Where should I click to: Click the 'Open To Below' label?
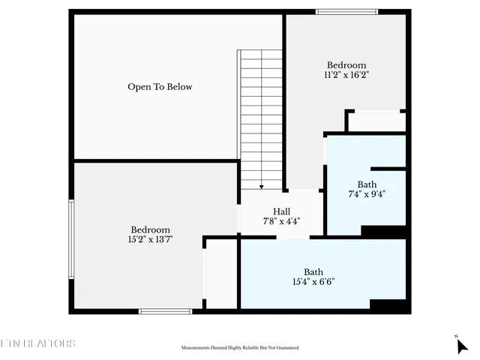point(160,87)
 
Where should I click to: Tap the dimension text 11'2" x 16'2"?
point(346,76)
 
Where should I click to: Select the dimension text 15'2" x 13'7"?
point(150,240)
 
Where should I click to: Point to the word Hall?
point(281,211)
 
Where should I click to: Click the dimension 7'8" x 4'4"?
point(281,221)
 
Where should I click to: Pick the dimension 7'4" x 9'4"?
point(367,194)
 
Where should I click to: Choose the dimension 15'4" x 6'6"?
point(313,282)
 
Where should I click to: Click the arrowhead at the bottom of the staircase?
point(261,186)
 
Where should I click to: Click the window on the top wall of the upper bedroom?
point(346,11)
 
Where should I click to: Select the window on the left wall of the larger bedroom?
point(72,238)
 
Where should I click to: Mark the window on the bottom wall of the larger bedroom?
point(165,311)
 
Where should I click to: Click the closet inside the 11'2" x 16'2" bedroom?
point(376,121)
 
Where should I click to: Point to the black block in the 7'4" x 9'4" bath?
point(382,231)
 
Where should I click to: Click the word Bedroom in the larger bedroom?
point(150,229)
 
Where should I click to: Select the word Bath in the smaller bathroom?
point(367,184)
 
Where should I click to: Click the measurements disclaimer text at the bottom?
point(240,348)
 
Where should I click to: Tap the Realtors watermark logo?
point(37,344)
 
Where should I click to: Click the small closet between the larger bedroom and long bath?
point(220,274)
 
